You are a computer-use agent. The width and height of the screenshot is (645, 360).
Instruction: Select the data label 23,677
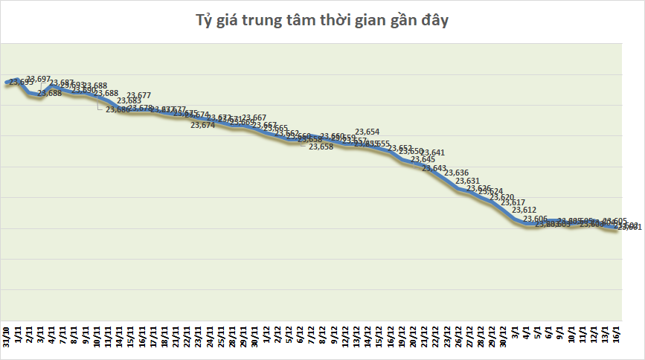pos(139,95)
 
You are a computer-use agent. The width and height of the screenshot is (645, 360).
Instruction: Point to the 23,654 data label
pos(368,132)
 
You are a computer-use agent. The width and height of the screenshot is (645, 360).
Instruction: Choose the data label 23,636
pos(456,173)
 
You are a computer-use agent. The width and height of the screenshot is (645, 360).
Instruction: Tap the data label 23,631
pos(467,181)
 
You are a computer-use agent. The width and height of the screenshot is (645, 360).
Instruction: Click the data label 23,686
pos(118,110)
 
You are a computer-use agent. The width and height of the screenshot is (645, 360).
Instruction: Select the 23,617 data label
pos(513,202)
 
